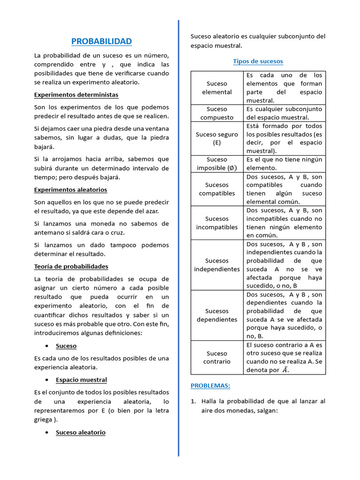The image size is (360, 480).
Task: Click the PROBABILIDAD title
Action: coord(101,42)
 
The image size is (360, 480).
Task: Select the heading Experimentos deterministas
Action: coord(76,95)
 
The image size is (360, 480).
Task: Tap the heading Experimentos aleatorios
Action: coord(70,190)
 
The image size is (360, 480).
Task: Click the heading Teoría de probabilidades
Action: coord(71,266)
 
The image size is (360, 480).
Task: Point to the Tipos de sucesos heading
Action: coord(258,61)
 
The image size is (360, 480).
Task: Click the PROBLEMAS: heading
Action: coord(210,385)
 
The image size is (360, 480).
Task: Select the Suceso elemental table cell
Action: coord(217,88)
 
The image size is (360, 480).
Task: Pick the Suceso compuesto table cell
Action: coord(217,113)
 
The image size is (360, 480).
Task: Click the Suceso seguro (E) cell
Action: coord(217,139)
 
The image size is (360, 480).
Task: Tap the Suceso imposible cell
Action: coord(217,164)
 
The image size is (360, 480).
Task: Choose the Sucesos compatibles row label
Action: coord(217,189)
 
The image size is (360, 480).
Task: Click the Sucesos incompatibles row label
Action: coord(217,223)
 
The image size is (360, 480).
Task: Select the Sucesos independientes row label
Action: coord(217,265)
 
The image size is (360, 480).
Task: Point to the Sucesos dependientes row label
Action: coord(217,315)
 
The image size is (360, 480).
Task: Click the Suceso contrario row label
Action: coord(217,357)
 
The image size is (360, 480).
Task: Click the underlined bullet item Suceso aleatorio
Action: coord(80,432)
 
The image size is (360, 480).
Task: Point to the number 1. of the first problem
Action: coord(193,401)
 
